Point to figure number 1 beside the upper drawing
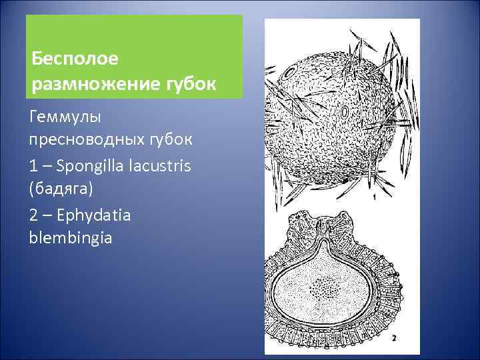pyautogui.click(x=375, y=197)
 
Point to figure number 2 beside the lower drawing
pyautogui.click(x=394, y=338)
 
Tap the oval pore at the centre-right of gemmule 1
pyautogui.click(x=345, y=113)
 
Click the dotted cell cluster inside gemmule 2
pyautogui.click(x=325, y=291)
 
